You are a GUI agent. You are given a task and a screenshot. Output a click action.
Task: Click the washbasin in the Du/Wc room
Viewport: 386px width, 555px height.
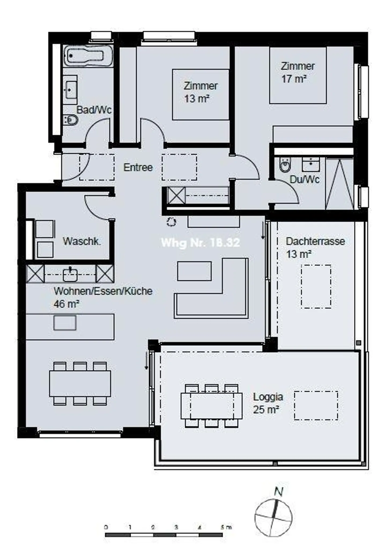(x=311, y=164)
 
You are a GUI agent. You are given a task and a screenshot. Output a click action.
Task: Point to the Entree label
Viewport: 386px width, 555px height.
(x=138, y=167)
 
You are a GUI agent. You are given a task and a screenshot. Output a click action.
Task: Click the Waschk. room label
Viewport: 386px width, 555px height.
(x=82, y=241)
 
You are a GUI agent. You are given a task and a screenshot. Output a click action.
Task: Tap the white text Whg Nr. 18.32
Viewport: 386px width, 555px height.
(x=200, y=243)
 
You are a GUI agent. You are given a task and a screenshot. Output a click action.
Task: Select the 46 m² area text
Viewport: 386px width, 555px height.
(x=66, y=304)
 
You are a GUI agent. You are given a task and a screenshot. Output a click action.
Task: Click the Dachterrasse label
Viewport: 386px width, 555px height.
(x=315, y=241)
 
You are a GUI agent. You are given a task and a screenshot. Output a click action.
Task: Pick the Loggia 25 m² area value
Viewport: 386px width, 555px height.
(x=266, y=410)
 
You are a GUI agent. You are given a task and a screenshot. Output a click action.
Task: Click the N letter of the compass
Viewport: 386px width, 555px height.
(x=279, y=492)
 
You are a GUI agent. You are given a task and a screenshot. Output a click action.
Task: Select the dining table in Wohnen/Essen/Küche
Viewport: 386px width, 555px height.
(x=80, y=384)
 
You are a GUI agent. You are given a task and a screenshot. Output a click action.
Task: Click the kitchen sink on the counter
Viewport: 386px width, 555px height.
(x=70, y=274)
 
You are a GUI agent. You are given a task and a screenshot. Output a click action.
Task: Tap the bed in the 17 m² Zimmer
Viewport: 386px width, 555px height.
(x=298, y=75)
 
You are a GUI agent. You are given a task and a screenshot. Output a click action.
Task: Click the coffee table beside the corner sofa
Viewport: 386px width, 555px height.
(x=194, y=271)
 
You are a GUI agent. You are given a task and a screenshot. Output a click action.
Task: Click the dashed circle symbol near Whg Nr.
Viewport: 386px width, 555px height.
(x=171, y=222)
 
